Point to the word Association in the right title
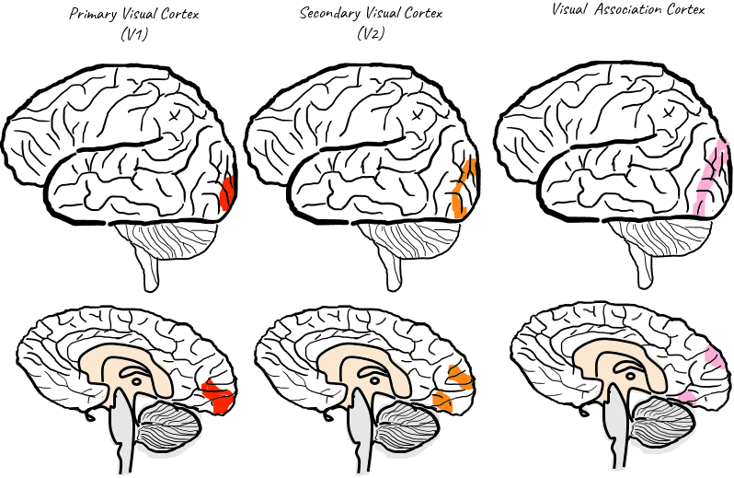point(626,10)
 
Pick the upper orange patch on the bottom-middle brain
point(457,376)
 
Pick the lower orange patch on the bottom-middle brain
point(442,401)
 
